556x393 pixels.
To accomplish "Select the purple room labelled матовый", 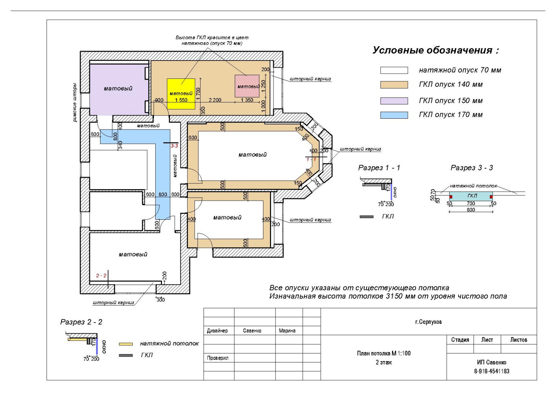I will click(118, 89).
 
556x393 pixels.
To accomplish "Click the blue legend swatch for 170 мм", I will click(394, 115).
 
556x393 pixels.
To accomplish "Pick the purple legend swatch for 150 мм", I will click(394, 101).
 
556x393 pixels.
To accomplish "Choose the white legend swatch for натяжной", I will click(394, 70).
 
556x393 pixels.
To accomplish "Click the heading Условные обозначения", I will click(435, 50).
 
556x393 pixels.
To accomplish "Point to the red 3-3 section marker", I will click(174, 146).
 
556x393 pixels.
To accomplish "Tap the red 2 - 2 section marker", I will click(101, 276).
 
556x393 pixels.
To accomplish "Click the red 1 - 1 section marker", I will click(311, 159).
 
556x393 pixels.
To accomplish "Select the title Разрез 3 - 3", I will click(472, 168).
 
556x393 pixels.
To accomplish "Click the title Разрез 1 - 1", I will click(379, 168).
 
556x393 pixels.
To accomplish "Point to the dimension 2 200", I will click(215, 100).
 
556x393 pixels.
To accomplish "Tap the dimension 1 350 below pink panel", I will click(247, 100).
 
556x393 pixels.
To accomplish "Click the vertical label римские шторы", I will click(75, 102).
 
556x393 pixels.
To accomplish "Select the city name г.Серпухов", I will click(428, 322).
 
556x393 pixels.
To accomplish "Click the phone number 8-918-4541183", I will click(491, 371).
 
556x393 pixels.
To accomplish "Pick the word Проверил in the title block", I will click(218, 358).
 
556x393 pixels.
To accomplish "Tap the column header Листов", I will click(518, 340).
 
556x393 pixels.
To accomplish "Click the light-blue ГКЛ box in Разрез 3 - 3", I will click(471, 196).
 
